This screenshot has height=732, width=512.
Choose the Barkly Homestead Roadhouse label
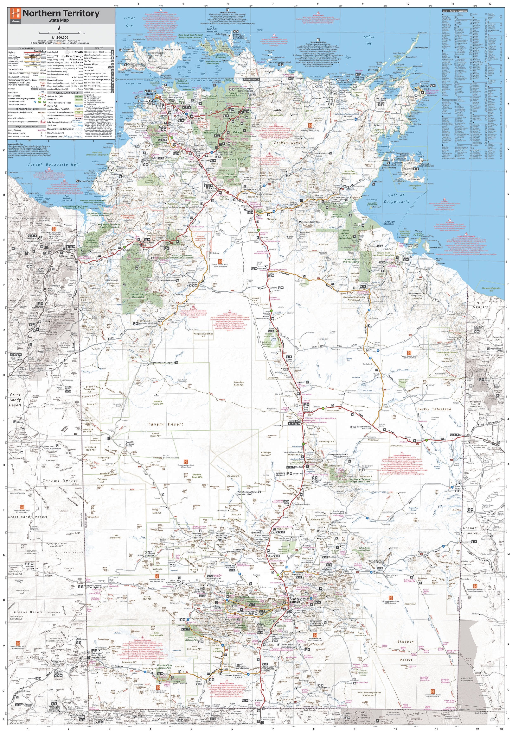tap(364, 427)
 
